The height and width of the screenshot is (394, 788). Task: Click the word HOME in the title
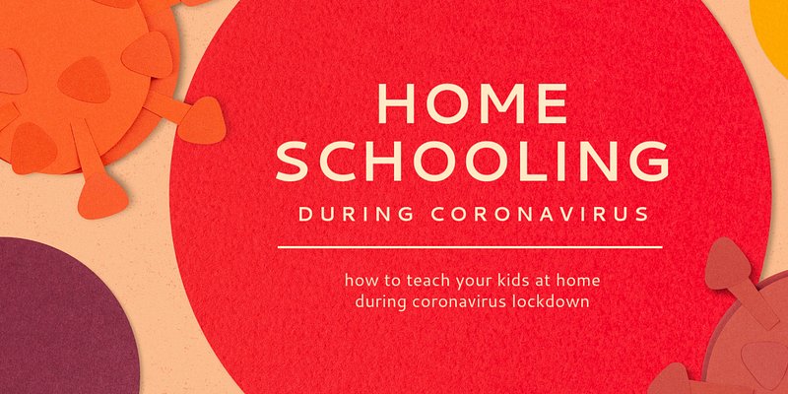[x=472, y=104]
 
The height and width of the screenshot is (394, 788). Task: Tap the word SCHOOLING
[x=472, y=161]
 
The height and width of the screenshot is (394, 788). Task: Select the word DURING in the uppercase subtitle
[x=356, y=214]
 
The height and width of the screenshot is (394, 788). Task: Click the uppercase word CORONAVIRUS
[x=540, y=214]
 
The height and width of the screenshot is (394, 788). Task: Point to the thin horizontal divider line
[x=470, y=247]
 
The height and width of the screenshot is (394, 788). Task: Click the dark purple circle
[x=60, y=322]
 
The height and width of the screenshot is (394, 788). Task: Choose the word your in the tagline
[x=462, y=282]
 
